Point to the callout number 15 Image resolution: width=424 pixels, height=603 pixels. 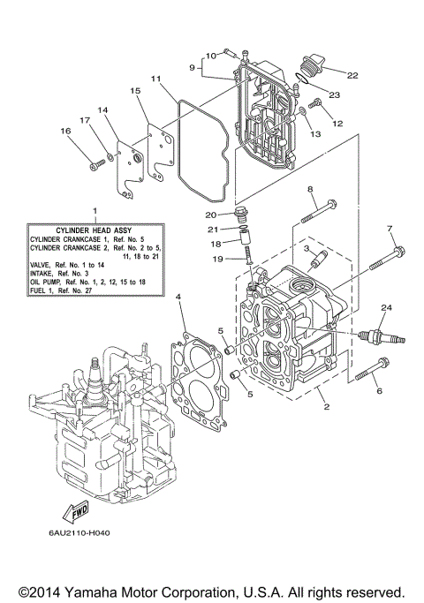[136, 91]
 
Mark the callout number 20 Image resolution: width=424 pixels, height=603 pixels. [211, 214]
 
